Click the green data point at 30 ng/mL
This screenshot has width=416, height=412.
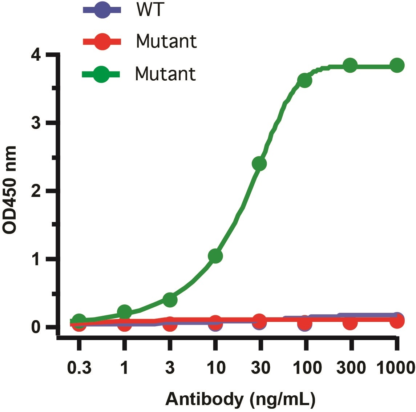[259, 164]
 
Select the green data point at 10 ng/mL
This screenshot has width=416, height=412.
[215, 256]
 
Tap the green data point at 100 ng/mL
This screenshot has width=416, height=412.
[305, 80]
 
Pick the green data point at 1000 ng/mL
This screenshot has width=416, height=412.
[397, 65]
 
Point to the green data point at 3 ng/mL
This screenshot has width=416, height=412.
[170, 300]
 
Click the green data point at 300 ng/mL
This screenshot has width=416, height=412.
[350, 65]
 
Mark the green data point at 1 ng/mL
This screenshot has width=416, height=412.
[125, 312]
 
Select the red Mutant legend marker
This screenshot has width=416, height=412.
[102, 42]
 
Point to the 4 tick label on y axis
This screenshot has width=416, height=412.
[36, 56]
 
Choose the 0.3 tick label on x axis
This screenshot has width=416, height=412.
[79, 368]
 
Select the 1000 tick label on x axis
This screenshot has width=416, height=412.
[396, 368]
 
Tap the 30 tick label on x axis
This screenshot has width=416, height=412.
[260, 368]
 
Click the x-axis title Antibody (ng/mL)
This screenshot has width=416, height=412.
[241, 399]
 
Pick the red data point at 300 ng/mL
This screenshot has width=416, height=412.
[350, 322]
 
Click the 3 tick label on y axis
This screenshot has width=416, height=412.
[36, 123]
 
